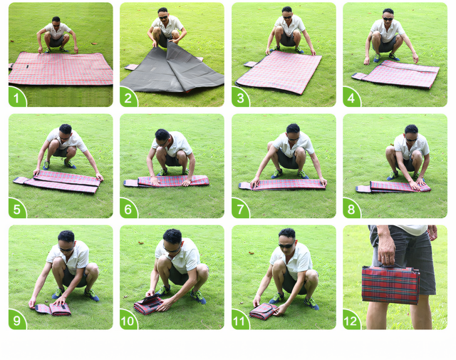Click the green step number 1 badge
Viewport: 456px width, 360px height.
(x=16, y=98)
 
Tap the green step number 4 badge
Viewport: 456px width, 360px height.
(x=351, y=98)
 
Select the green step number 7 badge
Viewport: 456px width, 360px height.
(x=240, y=209)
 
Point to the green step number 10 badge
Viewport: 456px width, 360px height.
(x=128, y=320)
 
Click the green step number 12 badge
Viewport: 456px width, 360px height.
(x=351, y=320)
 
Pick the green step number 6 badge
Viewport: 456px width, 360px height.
(x=128, y=209)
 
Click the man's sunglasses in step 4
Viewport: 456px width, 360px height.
(x=388, y=19)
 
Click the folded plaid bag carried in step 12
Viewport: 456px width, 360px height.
(x=390, y=284)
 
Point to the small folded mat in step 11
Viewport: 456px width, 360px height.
(x=263, y=311)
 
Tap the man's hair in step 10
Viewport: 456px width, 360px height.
(x=172, y=236)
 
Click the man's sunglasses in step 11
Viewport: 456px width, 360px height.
(x=286, y=246)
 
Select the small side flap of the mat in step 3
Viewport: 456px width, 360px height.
(x=250, y=64)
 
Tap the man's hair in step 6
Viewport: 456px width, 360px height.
(x=162, y=134)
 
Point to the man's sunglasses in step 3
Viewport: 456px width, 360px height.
(x=287, y=17)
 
